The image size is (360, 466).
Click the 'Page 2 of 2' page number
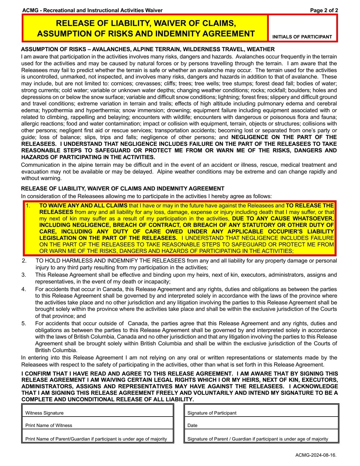tap(324, 10)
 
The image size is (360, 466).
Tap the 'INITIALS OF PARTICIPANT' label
tap(302, 37)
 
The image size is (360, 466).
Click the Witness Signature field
tap(97, 411)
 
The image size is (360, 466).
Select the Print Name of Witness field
tap(97, 423)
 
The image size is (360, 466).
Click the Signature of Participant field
tap(261, 411)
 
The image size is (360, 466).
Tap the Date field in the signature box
tap(261, 423)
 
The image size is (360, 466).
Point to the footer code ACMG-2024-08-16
tap(316, 455)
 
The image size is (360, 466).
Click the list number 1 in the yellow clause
tap(28, 206)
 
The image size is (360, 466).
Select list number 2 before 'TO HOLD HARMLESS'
tap(24, 261)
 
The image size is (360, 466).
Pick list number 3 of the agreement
tap(24, 275)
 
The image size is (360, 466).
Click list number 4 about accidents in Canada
tap(24, 289)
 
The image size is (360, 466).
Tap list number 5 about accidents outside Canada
tap(24, 324)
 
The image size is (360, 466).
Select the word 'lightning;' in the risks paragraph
tap(229, 97)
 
